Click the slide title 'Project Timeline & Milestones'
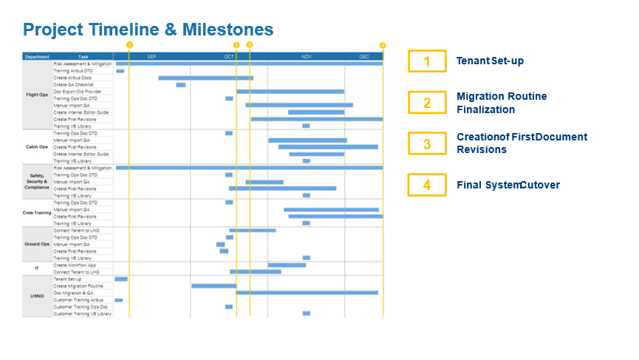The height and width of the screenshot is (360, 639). (148, 30)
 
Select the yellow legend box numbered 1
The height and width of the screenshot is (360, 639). (427, 61)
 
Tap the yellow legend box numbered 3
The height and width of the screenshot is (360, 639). (427, 143)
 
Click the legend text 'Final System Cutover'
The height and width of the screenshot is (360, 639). (508, 185)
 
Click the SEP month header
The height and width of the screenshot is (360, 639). (151, 56)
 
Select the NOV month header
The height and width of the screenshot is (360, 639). (307, 56)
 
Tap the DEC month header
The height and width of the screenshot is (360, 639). (364, 56)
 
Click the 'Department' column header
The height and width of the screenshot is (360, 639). (37, 56)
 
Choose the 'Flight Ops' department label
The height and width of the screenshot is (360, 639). (37, 95)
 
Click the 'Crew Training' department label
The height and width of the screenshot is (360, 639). (37, 212)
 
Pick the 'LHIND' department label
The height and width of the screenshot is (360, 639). (37, 296)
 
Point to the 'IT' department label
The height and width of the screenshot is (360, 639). (37, 268)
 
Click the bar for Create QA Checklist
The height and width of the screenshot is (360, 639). (181, 85)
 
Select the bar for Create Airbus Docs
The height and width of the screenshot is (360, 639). (205, 78)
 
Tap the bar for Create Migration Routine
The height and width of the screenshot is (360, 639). (213, 286)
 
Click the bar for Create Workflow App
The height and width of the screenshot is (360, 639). (287, 265)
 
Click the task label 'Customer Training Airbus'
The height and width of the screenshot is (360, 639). (78, 300)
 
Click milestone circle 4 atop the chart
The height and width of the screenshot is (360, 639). (383, 45)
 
